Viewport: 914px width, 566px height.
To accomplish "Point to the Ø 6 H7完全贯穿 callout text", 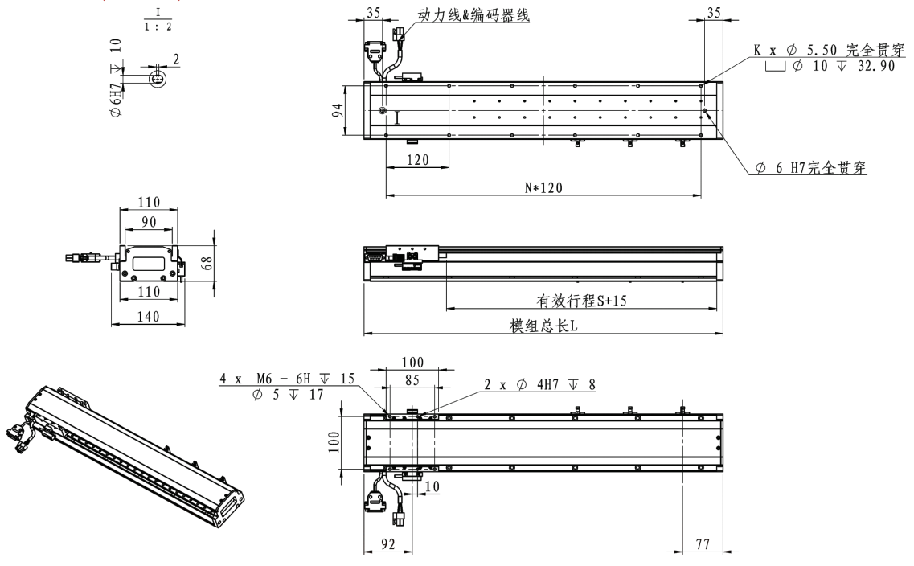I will [x=814, y=169].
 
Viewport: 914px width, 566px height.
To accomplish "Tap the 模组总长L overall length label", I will [x=544, y=326].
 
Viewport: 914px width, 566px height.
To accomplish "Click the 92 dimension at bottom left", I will [x=387, y=543].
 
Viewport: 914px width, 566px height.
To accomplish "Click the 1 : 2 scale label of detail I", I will [x=158, y=26].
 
